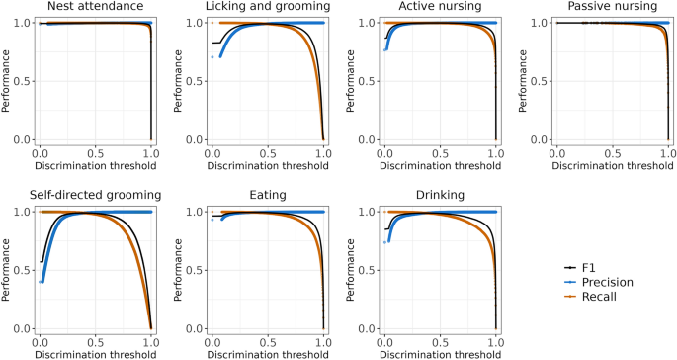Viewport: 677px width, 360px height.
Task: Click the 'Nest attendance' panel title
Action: (x=94, y=7)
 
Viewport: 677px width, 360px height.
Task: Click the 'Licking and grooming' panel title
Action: (x=267, y=7)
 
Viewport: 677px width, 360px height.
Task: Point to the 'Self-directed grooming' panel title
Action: (x=94, y=196)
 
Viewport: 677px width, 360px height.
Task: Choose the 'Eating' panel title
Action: (x=267, y=196)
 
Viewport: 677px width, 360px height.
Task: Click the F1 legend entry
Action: (x=591, y=268)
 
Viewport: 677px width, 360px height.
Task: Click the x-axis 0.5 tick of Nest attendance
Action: (x=95, y=154)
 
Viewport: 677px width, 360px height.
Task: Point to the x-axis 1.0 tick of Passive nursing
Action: (x=668, y=154)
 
